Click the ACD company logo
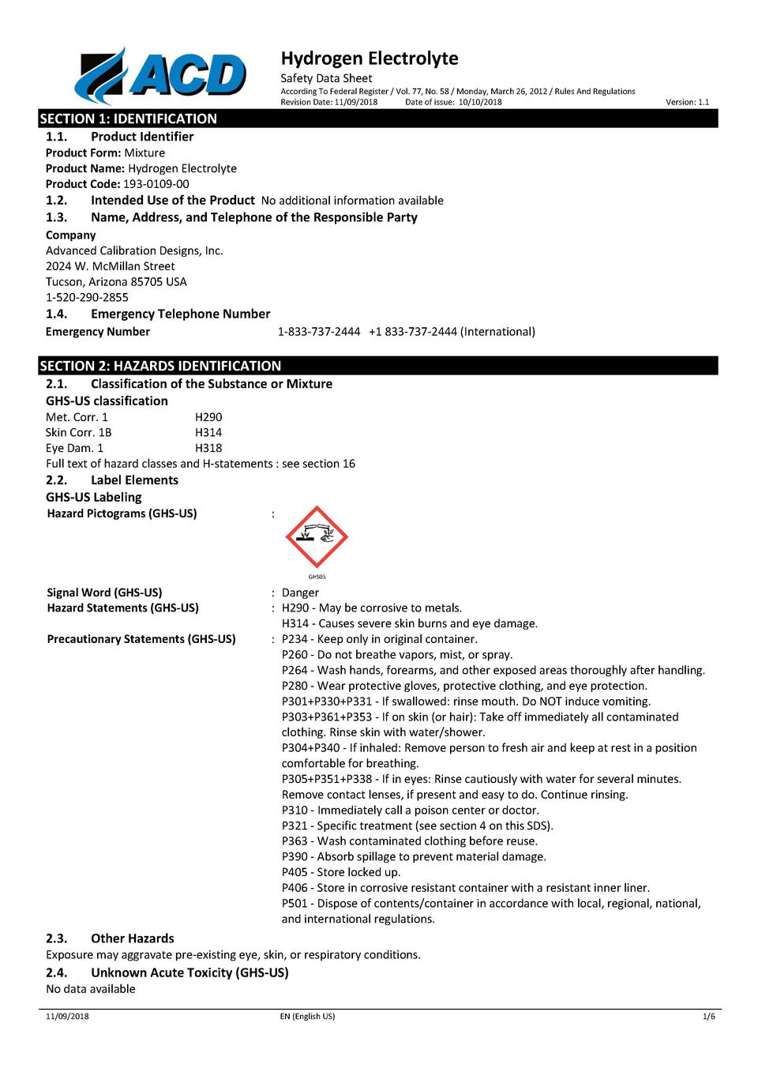tap(160, 76)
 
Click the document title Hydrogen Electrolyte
tap(370, 58)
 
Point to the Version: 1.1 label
tap(687, 102)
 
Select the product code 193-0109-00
tap(156, 184)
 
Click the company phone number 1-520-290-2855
tap(87, 297)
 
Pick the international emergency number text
tap(452, 332)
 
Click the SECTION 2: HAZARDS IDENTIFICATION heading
tap(160, 366)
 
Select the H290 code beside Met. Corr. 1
tap(208, 417)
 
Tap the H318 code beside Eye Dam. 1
tap(208, 448)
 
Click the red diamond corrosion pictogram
tap(317, 536)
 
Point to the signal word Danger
tap(300, 592)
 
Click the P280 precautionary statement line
tap(464, 686)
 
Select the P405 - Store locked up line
tap(341, 872)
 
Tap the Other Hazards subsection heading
tap(132, 938)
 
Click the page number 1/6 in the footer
tap(708, 1017)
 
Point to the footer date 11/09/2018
tap(67, 1017)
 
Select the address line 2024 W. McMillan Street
tap(111, 266)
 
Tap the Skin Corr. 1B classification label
tap(79, 433)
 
